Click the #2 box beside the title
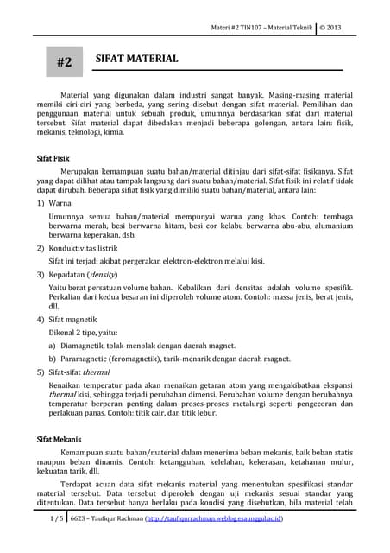pyautogui.click(x=64, y=62)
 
